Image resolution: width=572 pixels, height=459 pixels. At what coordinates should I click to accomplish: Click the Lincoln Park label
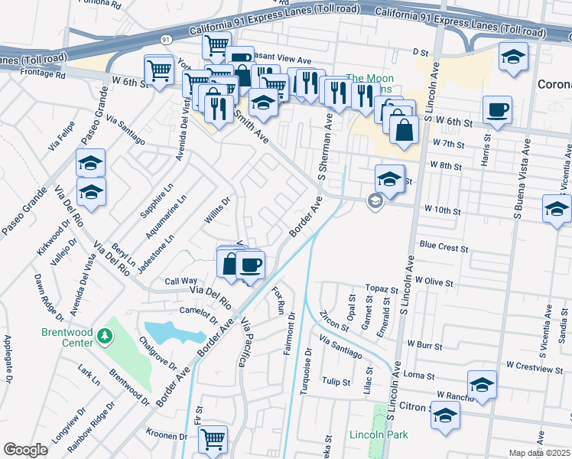tap(379, 435)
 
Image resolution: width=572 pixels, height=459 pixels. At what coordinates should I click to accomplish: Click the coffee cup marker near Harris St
tap(497, 109)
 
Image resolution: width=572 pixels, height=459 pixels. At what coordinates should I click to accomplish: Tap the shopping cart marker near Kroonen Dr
tap(213, 439)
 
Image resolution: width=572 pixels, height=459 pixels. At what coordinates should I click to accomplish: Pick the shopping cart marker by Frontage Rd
tap(159, 71)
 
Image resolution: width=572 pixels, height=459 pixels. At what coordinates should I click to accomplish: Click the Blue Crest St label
tap(444, 246)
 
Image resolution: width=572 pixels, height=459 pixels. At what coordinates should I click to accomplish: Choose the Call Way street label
tap(181, 282)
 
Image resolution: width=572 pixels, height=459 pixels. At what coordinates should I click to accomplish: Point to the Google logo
tap(25, 450)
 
